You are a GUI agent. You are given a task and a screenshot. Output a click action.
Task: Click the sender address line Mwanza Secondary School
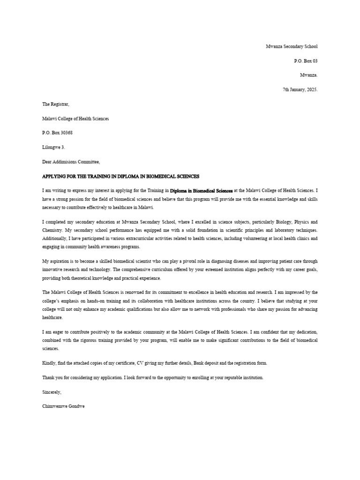tap(292, 46)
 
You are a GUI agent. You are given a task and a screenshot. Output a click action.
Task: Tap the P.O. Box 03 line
tap(306, 61)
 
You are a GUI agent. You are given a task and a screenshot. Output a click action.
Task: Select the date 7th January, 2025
tap(300, 90)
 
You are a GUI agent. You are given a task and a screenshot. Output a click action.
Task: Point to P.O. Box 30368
tap(57, 133)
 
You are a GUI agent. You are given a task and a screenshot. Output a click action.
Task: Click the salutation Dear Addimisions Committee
tap(71, 162)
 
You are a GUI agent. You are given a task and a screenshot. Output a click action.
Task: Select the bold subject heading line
tap(120, 176)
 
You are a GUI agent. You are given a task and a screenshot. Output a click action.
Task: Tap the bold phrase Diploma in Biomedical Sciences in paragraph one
tap(201, 191)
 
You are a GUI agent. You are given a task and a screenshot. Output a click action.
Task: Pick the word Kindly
tap(49, 363)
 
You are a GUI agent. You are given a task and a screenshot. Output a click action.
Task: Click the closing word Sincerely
tap(52, 392)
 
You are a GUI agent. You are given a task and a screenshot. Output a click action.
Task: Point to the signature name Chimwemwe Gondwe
tap(63, 406)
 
